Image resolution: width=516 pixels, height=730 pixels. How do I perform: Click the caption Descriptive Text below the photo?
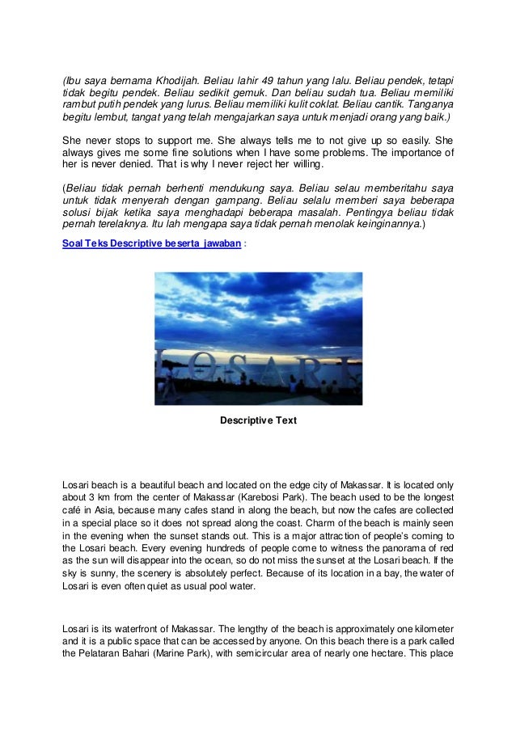coord(259,420)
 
